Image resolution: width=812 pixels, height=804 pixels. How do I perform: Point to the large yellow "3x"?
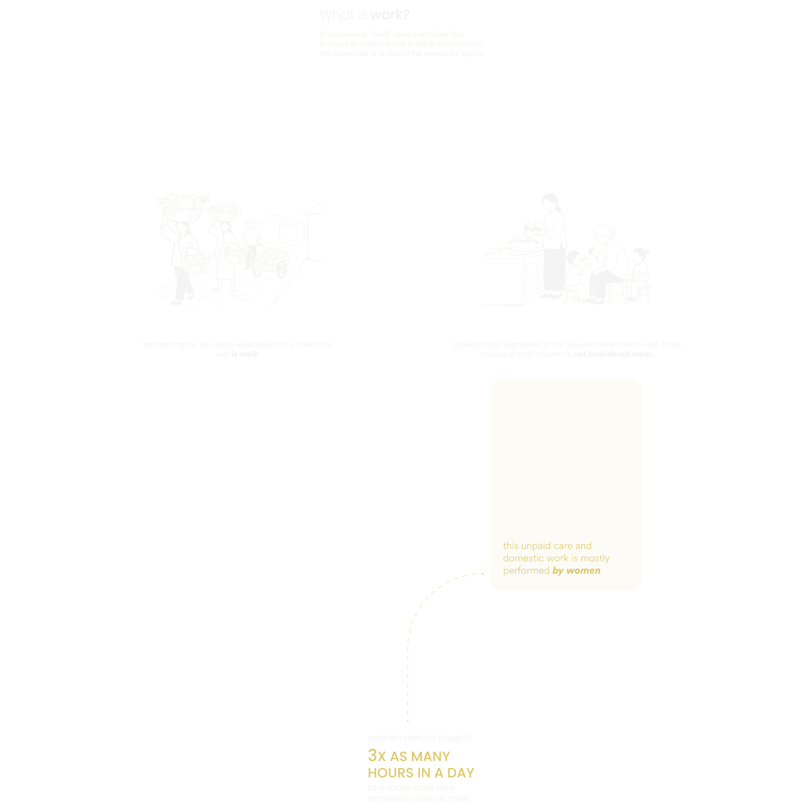[x=377, y=756]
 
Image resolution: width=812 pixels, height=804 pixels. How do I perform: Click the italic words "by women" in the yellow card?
[x=576, y=571]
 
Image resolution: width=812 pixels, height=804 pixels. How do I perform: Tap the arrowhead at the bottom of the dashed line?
[x=408, y=721]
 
